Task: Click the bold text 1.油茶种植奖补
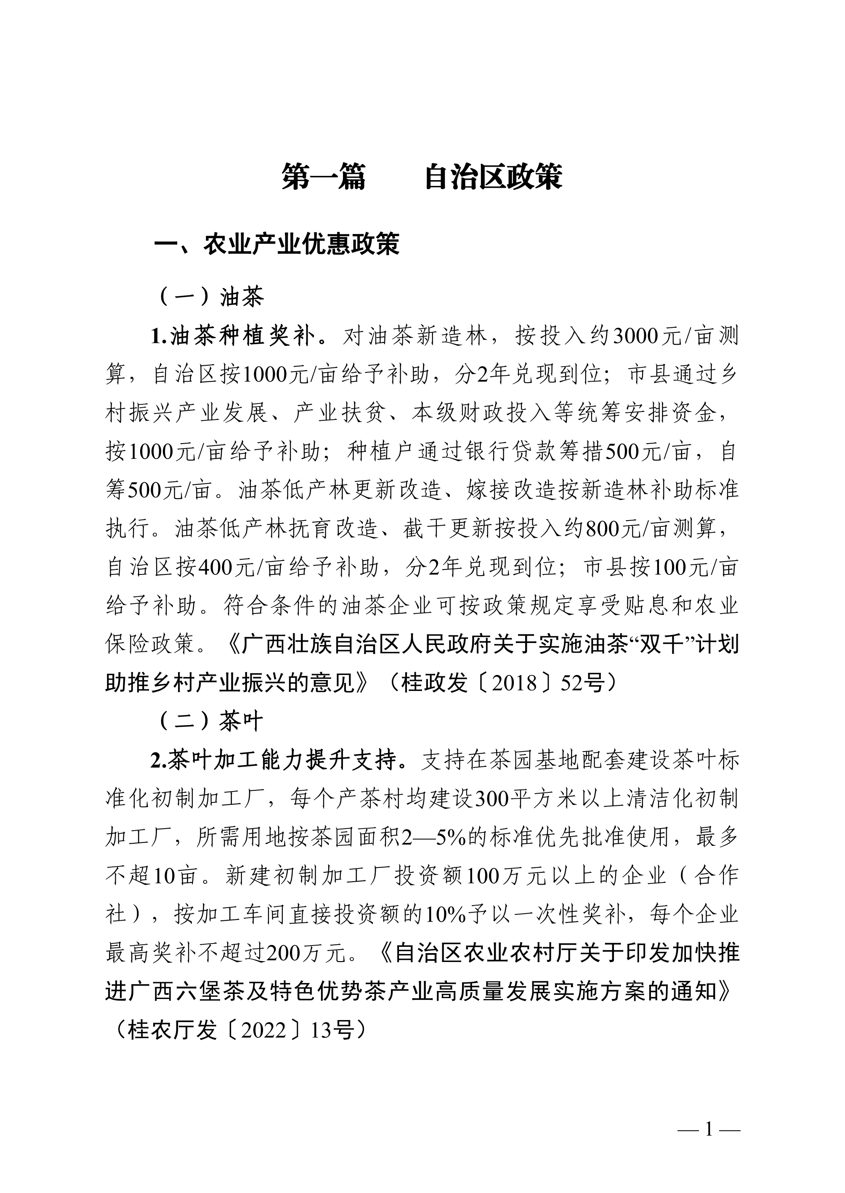(233, 337)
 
